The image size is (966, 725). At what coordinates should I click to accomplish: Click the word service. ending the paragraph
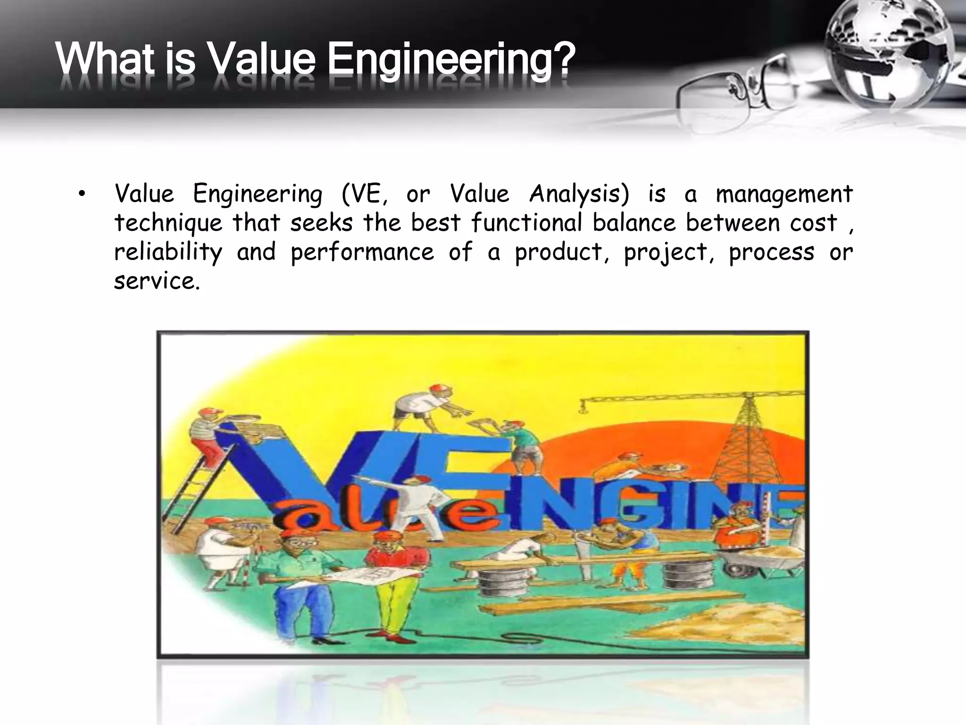pos(157,281)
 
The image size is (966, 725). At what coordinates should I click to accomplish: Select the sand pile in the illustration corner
pos(736,623)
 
